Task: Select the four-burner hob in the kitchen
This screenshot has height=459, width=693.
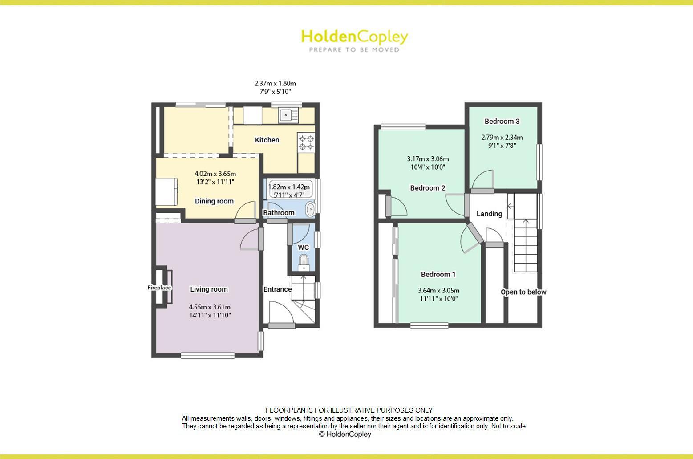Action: tap(306, 142)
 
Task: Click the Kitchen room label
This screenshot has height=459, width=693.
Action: tap(267, 140)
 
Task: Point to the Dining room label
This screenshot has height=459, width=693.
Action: tap(214, 201)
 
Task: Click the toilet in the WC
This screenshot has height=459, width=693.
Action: tap(304, 261)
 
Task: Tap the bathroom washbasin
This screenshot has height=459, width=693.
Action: tap(310, 208)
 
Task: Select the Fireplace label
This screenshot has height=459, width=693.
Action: tap(159, 288)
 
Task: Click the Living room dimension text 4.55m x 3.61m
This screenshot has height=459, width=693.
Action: tap(210, 307)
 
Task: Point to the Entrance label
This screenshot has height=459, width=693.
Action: tap(277, 289)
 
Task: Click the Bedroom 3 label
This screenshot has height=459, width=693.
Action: tap(502, 121)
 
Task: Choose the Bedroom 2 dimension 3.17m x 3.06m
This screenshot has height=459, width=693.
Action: tap(428, 159)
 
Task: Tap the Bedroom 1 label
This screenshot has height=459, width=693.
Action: tap(438, 274)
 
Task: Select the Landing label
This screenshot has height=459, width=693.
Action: tap(489, 214)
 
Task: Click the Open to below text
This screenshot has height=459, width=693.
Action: tap(523, 292)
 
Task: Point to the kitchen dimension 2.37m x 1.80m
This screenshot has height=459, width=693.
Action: tap(275, 83)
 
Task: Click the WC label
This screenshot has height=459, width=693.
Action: tap(303, 248)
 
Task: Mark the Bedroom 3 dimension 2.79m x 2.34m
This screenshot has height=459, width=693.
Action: tap(502, 138)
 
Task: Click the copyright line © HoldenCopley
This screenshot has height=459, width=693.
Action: tap(345, 434)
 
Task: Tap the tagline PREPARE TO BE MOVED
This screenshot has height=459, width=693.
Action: tap(354, 50)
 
